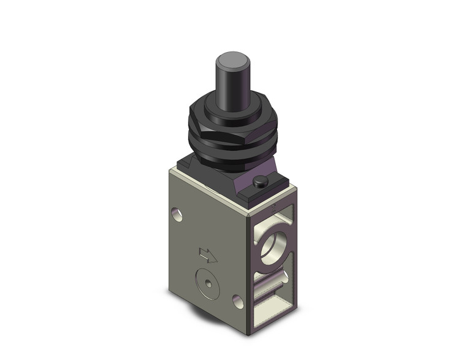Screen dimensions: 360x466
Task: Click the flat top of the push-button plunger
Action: coord(231,61)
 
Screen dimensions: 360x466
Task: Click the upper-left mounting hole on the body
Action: coord(177,215)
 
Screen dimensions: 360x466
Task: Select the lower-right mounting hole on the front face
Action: coord(238,301)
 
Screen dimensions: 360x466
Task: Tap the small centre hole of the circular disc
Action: coord(208,283)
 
